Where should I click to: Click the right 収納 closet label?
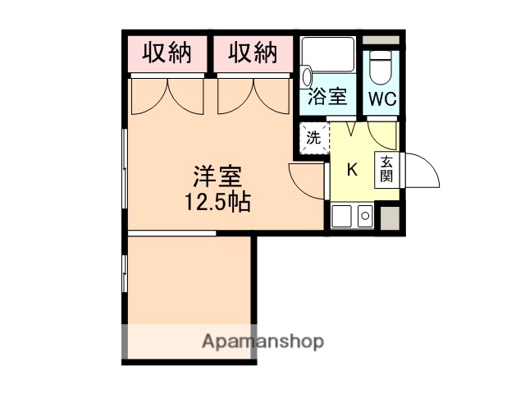[252, 53]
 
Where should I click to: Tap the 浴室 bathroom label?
[326, 98]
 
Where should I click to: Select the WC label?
[381, 99]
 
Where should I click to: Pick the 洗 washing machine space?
[313, 139]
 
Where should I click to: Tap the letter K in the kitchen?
[353, 170]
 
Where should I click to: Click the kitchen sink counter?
[353, 217]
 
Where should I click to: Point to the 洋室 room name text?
[217, 176]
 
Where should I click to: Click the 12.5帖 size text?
[217, 199]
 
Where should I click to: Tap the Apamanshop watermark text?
[262, 341]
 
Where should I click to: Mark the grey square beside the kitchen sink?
[390, 217]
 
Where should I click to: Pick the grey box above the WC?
[381, 40]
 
